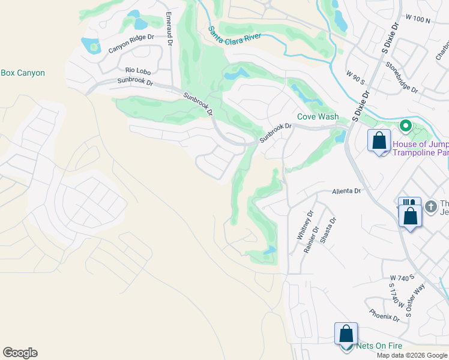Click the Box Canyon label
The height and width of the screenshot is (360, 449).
pyautogui.click(x=23, y=73)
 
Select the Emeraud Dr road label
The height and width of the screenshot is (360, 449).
pyautogui.click(x=169, y=29)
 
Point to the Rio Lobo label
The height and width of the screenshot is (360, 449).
pyautogui.click(x=138, y=71)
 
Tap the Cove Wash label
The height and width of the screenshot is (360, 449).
pyautogui.click(x=318, y=117)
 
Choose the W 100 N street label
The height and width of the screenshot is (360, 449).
pyautogui.click(x=418, y=20)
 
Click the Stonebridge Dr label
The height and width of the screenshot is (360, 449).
pyautogui.click(x=402, y=77)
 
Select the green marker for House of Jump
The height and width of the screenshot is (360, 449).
pyautogui.click(x=405, y=126)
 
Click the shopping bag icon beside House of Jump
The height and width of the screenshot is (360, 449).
pyautogui.click(x=379, y=142)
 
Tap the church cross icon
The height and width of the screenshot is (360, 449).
pyautogui.click(x=430, y=206)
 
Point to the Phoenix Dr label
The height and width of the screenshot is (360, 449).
pyautogui.click(x=385, y=314)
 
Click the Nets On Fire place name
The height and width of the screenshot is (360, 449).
pyautogui.click(x=378, y=346)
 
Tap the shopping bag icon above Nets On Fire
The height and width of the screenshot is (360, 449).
pyautogui.click(x=346, y=333)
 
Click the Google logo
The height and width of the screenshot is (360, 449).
pyautogui.click(x=20, y=353)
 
